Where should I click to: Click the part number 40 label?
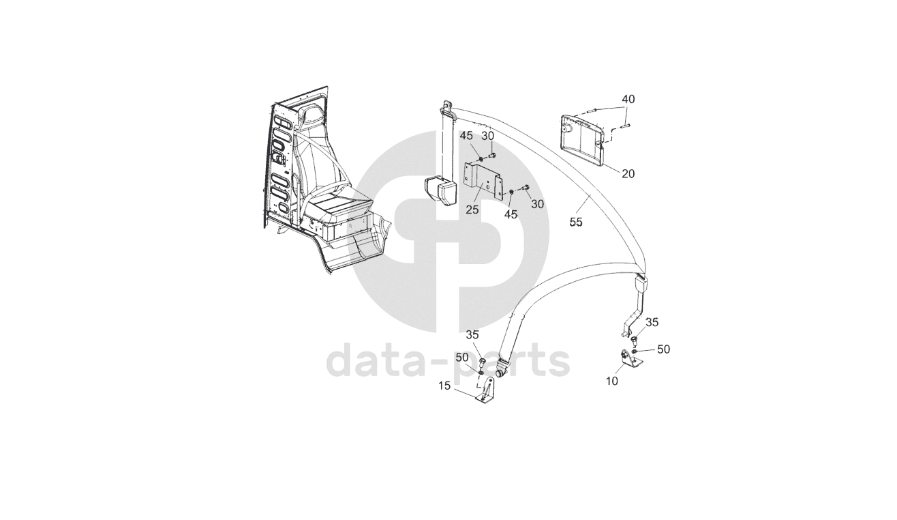click(628, 100)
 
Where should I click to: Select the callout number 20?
click(628, 174)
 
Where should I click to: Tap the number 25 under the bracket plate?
click(472, 210)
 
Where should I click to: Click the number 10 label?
click(612, 381)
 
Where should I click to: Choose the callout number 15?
click(444, 386)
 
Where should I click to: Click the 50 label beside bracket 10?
click(663, 349)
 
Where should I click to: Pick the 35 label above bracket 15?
click(473, 335)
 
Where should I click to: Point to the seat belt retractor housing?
click(440, 190)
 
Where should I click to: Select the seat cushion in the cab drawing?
click(340, 203)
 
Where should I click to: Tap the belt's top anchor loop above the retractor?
click(447, 105)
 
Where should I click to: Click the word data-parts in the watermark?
click(448, 361)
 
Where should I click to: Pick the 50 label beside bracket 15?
click(462, 358)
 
